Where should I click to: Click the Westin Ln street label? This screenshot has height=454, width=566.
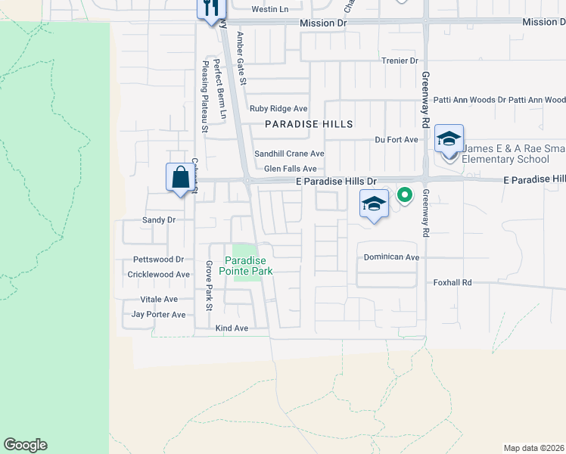(x=270, y=9)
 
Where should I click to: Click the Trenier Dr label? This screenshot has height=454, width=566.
(x=400, y=61)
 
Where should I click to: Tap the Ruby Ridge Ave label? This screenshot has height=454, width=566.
(x=278, y=109)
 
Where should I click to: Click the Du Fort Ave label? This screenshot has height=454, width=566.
(x=397, y=140)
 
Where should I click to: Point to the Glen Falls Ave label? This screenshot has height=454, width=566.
(x=290, y=169)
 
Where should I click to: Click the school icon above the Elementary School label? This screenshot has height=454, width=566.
(x=449, y=140)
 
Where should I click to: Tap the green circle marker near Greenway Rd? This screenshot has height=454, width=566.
(x=405, y=195)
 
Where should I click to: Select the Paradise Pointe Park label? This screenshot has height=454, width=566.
(x=246, y=265)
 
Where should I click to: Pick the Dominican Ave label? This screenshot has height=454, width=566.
(x=391, y=257)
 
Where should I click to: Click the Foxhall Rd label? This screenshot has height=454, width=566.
(x=452, y=282)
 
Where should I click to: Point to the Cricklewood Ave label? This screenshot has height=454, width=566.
(x=159, y=275)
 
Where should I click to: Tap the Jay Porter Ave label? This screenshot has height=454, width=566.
(x=158, y=315)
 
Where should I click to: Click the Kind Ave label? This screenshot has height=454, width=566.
(x=232, y=328)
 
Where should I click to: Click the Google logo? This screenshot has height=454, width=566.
(x=25, y=445)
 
